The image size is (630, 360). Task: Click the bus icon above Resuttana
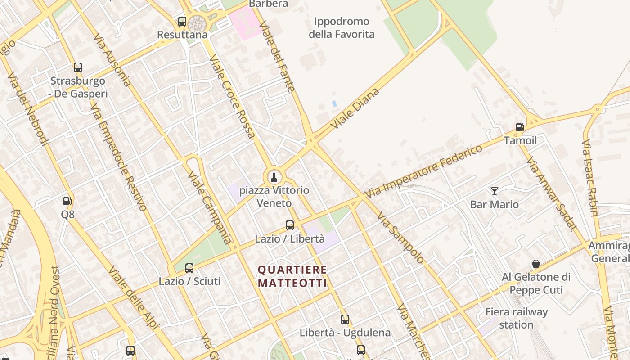182,21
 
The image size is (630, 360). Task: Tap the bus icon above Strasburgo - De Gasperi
78,67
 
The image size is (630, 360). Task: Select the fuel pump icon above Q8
67,201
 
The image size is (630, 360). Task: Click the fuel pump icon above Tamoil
520,127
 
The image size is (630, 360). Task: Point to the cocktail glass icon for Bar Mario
495,191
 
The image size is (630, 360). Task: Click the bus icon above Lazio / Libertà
290,225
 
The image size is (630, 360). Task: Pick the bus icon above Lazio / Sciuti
189,268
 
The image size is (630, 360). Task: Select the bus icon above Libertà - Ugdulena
345,319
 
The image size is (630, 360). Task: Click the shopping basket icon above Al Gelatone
536,263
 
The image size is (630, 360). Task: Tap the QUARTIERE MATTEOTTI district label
292,276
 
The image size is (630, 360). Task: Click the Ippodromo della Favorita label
342,27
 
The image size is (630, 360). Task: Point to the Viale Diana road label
355,108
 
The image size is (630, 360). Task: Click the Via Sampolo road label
400,238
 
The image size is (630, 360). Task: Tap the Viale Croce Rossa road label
232,96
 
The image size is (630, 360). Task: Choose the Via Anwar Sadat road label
551,193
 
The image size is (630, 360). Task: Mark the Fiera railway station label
516,318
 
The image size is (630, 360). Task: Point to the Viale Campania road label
210,207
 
